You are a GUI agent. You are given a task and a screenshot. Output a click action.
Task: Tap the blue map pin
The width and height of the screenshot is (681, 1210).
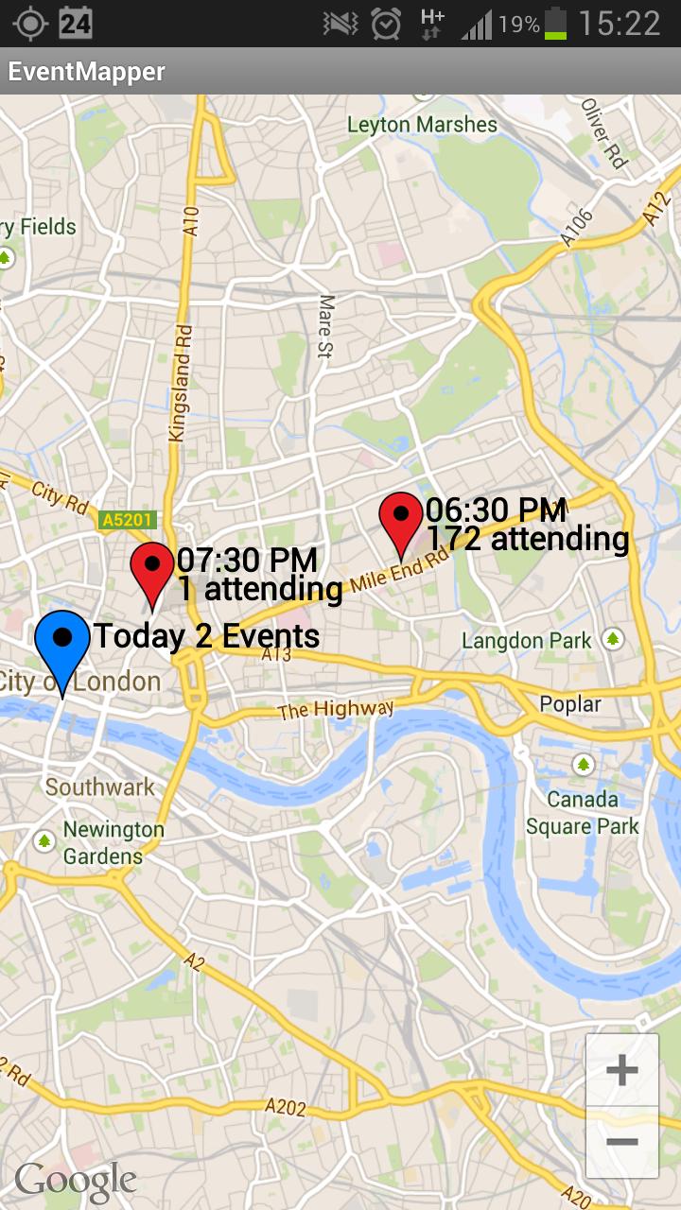pos(62,648)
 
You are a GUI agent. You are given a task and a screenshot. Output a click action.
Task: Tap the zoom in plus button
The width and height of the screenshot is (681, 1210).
pos(621,1070)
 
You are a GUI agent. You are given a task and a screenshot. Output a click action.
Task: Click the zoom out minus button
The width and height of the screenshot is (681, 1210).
pos(621,1142)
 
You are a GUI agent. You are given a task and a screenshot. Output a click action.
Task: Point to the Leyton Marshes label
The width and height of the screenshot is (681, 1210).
pos(422,125)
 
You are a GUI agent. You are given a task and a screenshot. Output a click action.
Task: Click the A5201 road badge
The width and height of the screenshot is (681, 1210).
pos(127,520)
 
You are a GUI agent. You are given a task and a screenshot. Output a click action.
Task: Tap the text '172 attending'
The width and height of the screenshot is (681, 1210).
pos(528,539)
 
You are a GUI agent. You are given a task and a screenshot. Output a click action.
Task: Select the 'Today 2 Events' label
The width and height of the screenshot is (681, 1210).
pos(206,636)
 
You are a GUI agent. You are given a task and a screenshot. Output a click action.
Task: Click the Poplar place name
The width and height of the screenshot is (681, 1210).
pos(570,704)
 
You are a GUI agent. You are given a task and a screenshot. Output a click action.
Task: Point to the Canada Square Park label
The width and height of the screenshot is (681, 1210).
pos(583,813)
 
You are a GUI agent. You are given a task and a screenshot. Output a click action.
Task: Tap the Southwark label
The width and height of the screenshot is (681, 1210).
pos(99,787)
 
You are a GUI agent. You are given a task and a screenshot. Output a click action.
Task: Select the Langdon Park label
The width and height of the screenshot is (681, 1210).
pos(527,641)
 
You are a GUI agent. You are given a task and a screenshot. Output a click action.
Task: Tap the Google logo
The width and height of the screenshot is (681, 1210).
pos(76,1180)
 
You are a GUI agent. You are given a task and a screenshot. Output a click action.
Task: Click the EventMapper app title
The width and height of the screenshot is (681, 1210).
pos(87,72)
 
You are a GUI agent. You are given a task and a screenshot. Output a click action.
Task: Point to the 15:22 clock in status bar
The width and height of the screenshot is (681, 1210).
pos(620,23)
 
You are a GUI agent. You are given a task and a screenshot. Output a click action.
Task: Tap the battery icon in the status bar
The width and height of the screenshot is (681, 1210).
pos(556,23)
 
